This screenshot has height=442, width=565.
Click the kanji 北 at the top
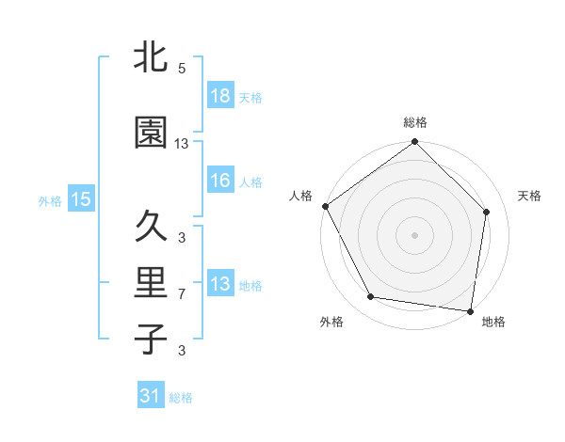151,57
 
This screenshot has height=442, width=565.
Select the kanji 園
151,134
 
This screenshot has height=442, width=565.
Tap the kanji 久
151,227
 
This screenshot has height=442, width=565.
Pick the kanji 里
151,284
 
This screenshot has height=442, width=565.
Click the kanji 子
151,339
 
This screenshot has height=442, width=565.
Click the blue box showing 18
219,97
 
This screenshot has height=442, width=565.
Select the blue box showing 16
219,182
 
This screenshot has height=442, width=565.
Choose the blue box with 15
81,198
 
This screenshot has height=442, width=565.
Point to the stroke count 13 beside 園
182,144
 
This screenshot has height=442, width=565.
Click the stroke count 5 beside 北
182,69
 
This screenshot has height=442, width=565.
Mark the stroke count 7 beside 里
182,294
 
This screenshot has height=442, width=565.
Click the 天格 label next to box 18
250,98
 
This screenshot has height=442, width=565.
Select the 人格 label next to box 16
250,182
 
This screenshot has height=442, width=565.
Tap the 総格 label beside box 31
181,397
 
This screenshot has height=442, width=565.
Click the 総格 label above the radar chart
414,122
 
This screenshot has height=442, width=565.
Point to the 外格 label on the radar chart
331,322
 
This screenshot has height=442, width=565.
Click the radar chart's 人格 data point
325,206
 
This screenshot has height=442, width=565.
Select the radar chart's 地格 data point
470,309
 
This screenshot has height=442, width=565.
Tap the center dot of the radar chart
414,234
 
